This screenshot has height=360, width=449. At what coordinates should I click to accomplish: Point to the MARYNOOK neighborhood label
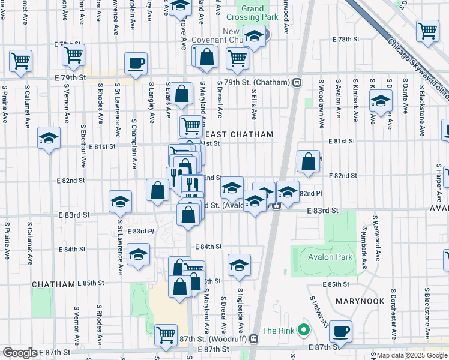click(355, 299)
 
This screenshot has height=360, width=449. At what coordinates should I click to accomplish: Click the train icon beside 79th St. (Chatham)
click(297, 83)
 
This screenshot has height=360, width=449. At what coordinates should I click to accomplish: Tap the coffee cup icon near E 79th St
click(136, 63)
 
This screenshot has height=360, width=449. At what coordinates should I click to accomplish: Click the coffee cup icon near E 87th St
click(341, 331)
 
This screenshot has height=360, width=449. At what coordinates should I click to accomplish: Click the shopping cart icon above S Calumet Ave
click(20, 60)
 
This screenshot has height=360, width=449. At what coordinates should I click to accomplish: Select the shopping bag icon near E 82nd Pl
click(308, 161)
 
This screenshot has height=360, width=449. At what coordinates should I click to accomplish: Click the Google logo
click(20, 353)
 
